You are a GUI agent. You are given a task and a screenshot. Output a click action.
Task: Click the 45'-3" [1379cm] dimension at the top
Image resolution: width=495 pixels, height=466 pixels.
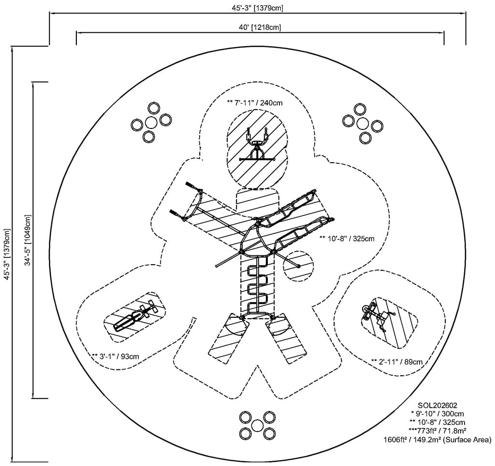[x=257, y=8]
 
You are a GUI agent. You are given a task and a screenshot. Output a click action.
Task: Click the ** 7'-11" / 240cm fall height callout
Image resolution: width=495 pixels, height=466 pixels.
[x=255, y=102]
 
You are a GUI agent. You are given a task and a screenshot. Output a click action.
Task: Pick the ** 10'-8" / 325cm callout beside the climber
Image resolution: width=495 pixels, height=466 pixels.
[x=347, y=238]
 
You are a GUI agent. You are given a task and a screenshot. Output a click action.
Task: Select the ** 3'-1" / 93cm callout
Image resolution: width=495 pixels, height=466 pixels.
[x=116, y=356]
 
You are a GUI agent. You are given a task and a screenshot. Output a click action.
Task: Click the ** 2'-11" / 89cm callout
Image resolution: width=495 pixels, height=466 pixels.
[x=397, y=361]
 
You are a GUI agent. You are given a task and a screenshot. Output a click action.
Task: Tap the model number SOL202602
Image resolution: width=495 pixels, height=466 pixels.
[x=438, y=406]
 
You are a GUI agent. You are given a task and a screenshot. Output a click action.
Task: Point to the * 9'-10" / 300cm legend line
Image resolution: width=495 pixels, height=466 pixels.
[x=438, y=414]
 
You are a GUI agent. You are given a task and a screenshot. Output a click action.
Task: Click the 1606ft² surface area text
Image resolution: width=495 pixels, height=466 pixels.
[x=437, y=439]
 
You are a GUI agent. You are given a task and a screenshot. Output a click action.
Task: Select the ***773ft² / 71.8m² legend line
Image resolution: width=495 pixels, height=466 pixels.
[x=438, y=431]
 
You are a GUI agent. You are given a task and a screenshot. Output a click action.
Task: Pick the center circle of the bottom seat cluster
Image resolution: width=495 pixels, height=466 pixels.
[x=257, y=425]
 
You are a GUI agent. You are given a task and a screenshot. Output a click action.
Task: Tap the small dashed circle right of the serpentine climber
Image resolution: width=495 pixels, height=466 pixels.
[x=298, y=266]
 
